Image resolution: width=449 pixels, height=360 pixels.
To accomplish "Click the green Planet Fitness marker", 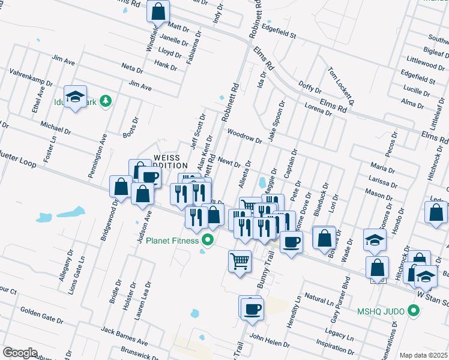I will coord(209,241).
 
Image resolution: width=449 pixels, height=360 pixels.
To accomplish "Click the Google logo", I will coord(20,353).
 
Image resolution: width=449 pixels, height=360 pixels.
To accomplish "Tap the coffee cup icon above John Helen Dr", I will coord(252,308).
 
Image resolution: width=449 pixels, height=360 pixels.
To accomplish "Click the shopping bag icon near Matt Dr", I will coord(158,10).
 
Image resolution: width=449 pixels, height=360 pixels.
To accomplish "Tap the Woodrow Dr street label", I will coord(245,136).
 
